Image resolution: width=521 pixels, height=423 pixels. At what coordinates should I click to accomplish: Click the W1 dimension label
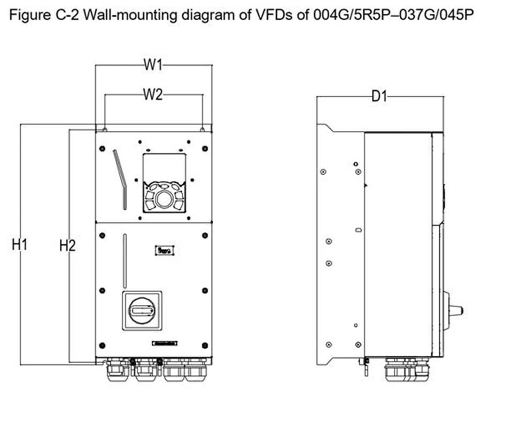tap(153, 65)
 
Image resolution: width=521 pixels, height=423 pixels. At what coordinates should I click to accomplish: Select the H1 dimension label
tap(20, 245)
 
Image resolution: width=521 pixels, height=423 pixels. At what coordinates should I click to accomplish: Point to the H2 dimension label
tap(67, 246)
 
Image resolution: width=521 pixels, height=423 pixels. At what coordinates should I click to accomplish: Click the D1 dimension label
tap(379, 97)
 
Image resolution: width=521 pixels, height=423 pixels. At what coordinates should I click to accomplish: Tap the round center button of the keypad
tap(165, 199)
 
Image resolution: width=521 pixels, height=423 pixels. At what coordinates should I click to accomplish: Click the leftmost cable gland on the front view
tap(118, 370)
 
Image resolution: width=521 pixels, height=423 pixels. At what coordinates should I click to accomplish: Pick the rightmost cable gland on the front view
tap(196, 370)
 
